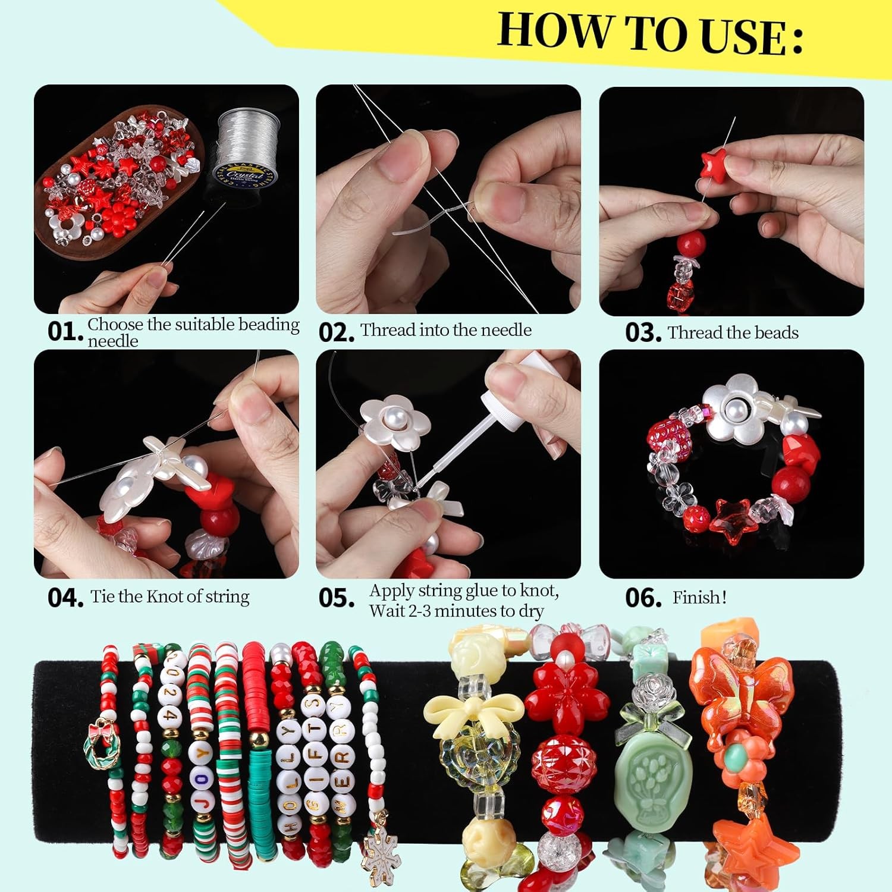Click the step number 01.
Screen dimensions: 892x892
64,332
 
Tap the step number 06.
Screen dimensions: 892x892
643,598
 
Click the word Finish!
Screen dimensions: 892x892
699,597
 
